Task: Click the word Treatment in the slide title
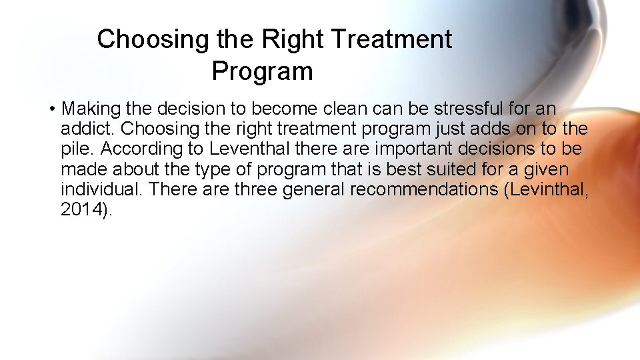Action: point(391,39)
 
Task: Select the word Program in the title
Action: point(262,71)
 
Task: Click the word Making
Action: point(86,109)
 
